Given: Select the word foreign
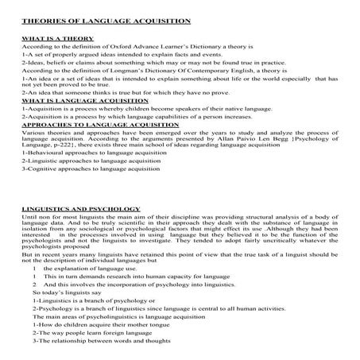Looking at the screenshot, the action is (x=99, y=334).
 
